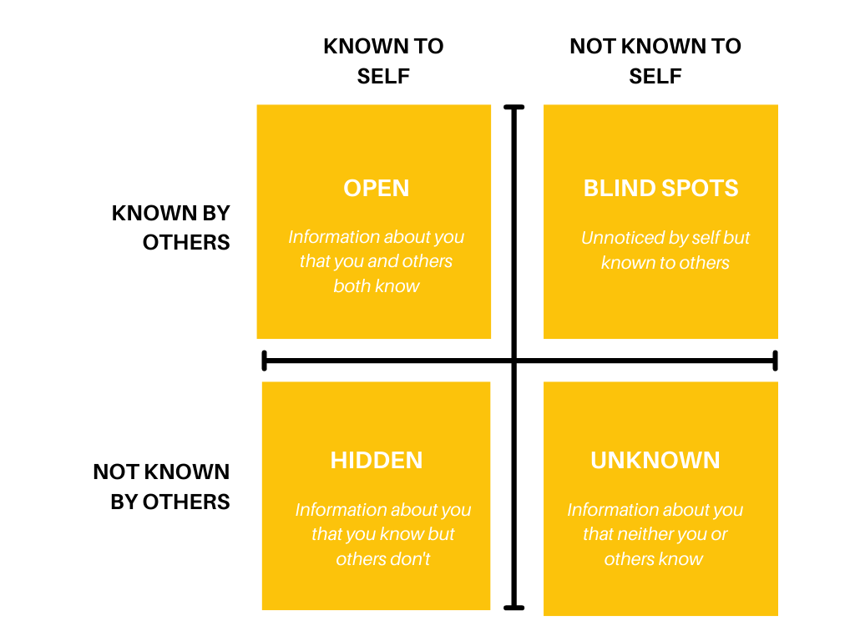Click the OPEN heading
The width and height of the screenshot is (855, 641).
pyautogui.click(x=377, y=188)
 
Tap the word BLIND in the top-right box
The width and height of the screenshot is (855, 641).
pyautogui.click(x=619, y=188)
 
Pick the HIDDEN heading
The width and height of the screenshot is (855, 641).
pyautogui.click(x=377, y=460)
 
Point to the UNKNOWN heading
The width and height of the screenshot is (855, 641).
pyautogui.click(x=655, y=460)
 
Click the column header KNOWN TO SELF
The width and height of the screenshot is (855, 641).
pyautogui.click(x=383, y=61)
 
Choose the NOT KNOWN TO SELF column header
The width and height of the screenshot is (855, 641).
pyautogui.click(x=655, y=61)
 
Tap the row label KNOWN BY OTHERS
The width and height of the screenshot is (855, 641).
pyautogui.click(x=171, y=228)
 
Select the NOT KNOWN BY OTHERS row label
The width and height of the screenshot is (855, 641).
pyautogui.click(x=162, y=487)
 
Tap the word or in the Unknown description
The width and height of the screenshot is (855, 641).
pyautogui.click(x=719, y=534)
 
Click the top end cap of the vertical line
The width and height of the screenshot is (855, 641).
pyautogui.click(x=514, y=108)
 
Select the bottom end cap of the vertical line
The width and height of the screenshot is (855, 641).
pyautogui.click(x=514, y=607)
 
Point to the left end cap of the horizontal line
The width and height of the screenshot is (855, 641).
pyautogui.click(x=265, y=361)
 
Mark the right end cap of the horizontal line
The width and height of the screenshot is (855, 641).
pyautogui.click(x=776, y=361)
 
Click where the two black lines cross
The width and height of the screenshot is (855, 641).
pyautogui.click(x=514, y=361)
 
